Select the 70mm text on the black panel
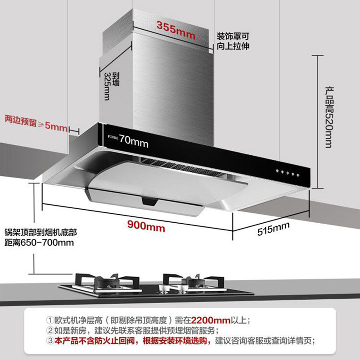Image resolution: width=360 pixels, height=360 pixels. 134,142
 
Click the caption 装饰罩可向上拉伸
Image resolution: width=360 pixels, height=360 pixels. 233,41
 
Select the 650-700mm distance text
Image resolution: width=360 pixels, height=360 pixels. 52,243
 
